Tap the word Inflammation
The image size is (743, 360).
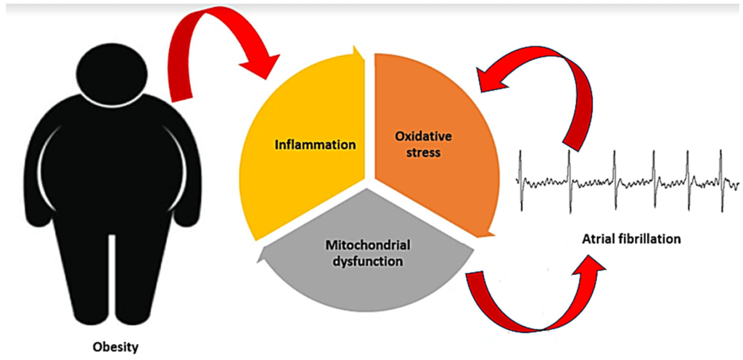tap(315, 144)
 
